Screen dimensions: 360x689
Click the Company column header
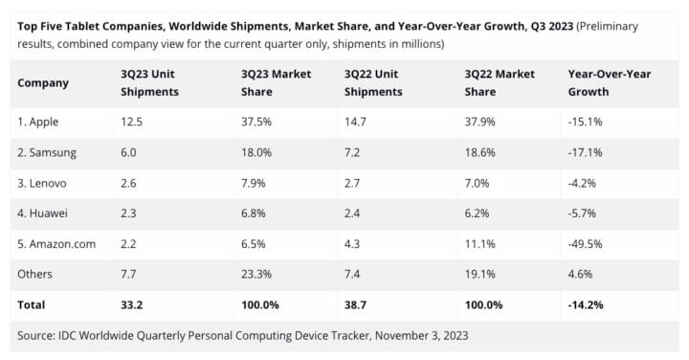[43, 83]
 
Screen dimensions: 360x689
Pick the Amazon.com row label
[56, 244]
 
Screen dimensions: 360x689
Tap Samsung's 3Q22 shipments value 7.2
[352, 152]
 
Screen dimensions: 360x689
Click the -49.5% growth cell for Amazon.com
[586, 244]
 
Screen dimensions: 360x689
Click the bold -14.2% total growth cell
[587, 304]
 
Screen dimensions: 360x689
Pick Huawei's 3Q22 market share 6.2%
[477, 214]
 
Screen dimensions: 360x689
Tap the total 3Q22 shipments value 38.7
[355, 304]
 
